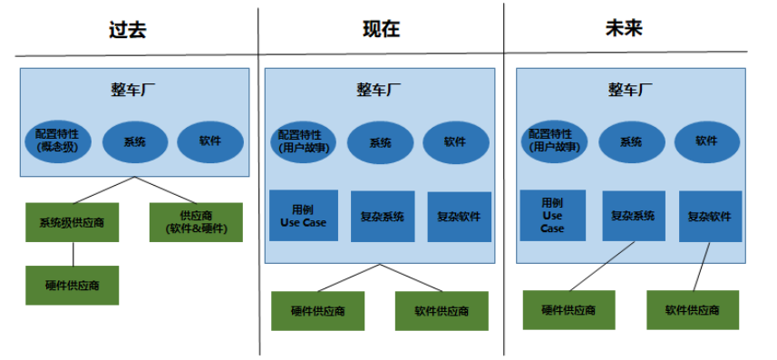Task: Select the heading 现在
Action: tap(381, 29)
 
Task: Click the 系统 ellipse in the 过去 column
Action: tap(134, 142)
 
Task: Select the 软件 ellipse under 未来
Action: tap(707, 141)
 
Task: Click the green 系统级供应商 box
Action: tap(72, 222)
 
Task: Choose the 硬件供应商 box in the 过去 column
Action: tap(72, 285)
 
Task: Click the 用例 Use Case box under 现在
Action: tap(304, 216)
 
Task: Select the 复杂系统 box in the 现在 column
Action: tap(383, 217)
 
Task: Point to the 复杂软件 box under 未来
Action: tap(710, 217)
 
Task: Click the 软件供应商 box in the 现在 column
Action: tap(442, 311)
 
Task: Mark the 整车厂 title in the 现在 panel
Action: tap(379, 90)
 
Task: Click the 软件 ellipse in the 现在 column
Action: tap(455, 142)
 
